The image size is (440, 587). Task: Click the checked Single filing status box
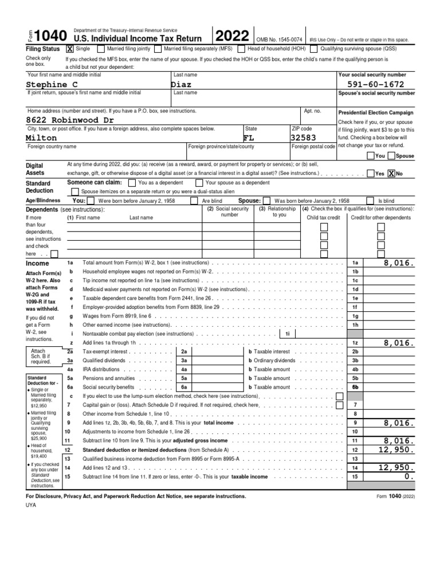pyautogui.click(x=70, y=49)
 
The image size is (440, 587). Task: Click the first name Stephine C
pyautogui.click(x=52, y=84)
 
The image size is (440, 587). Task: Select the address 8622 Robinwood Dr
pyautogui.click(x=70, y=120)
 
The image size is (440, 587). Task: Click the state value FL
pyautogui.click(x=248, y=138)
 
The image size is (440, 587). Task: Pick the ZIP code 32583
pyautogui.click(x=304, y=138)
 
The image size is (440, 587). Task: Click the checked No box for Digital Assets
pyautogui.click(x=391, y=173)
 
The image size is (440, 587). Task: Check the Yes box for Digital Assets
pyautogui.click(x=370, y=173)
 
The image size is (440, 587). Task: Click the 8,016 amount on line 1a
pyautogui.click(x=399, y=262)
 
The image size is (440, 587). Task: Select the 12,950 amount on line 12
pyautogui.click(x=395, y=451)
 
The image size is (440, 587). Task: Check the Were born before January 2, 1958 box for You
pyautogui.click(x=92, y=201)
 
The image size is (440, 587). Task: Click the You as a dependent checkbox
pyautogui.click(x=132, y=182)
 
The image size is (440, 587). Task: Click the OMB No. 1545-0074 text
pyautogui.click(x=279, y=40)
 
